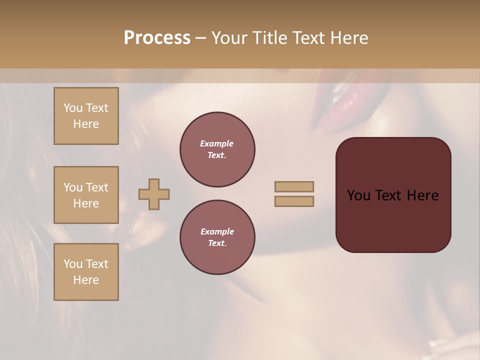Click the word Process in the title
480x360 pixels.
click(157, 38)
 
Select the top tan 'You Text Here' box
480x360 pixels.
click(86, 116)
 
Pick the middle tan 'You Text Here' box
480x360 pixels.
click(86, 195)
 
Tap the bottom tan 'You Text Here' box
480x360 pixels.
click(86, 272)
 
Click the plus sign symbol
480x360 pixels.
click(154, 194)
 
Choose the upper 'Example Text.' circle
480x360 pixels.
click(217, 149)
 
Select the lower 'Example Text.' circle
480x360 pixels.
click(217, 237)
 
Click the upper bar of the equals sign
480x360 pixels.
click(294, 186)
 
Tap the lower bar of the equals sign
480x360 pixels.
click(294, 201)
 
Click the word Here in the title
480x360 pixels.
click(349, 38)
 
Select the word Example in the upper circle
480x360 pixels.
click(217, 143)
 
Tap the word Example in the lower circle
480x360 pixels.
click(217, 231)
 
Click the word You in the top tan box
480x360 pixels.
click(73, 108)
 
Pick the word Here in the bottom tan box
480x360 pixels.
click(86, 280)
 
